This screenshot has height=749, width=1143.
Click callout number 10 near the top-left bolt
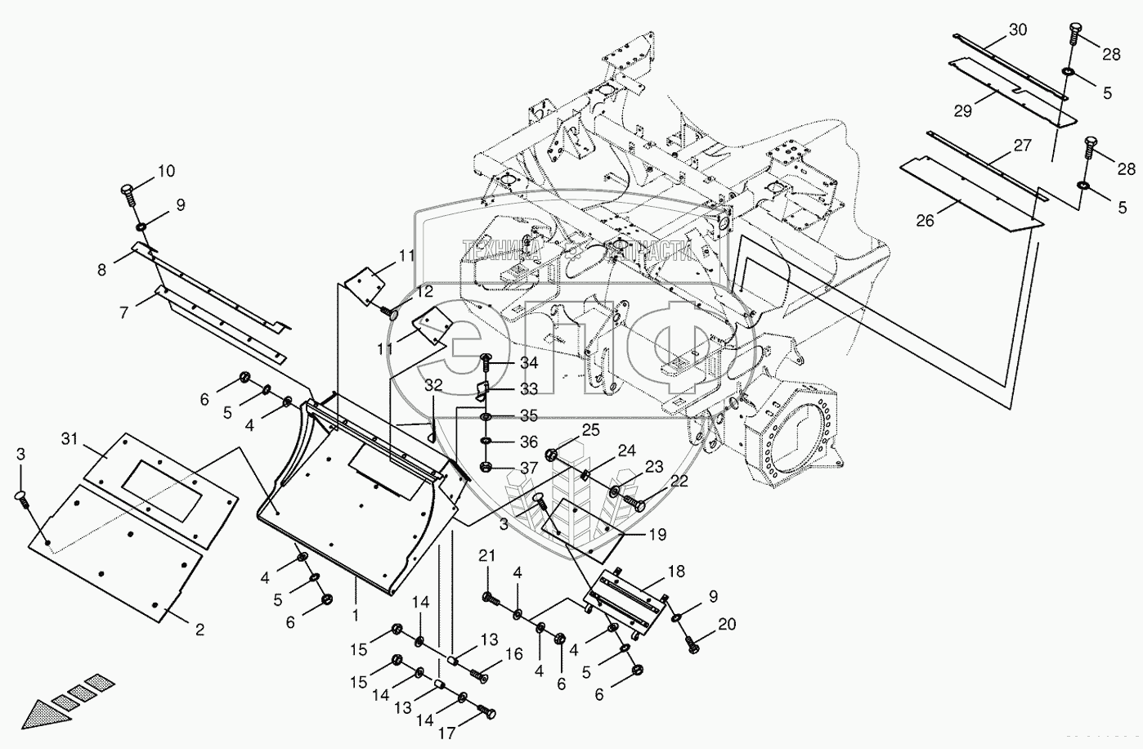point(166,172)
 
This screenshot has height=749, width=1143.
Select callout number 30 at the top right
point(1017,29)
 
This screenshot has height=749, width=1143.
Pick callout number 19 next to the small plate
point(657,535)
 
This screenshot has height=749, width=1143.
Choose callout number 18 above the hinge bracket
point(675,572)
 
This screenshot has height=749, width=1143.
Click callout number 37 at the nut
point(529,469)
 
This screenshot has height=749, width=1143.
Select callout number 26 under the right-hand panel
point(925,221)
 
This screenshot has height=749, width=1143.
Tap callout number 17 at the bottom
point(446,733)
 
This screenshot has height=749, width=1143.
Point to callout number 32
point(433,384)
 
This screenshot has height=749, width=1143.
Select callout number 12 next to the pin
point(424,290)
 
